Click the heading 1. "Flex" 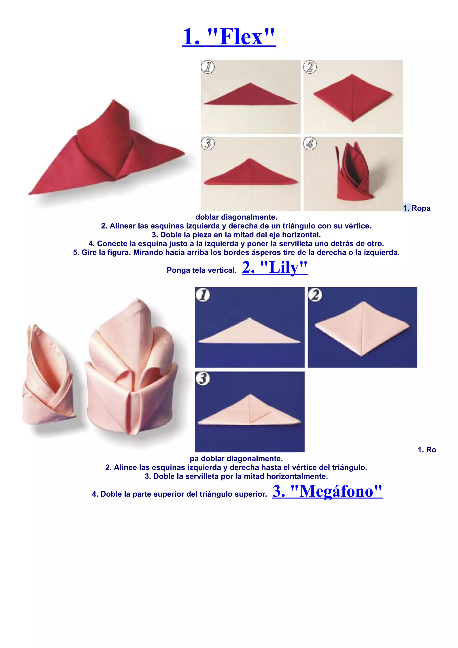pos(229,37)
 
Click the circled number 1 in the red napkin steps pos(208,67)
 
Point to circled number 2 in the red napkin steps pos(310,67)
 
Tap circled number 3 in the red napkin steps pos(208,143)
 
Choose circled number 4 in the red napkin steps pos(310,143)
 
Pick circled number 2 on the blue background pos(315,295)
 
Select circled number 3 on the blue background pos(203,379)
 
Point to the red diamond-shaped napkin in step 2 pos(352,98)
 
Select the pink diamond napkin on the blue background pos(362,329)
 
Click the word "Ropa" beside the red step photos pos(421,208)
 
